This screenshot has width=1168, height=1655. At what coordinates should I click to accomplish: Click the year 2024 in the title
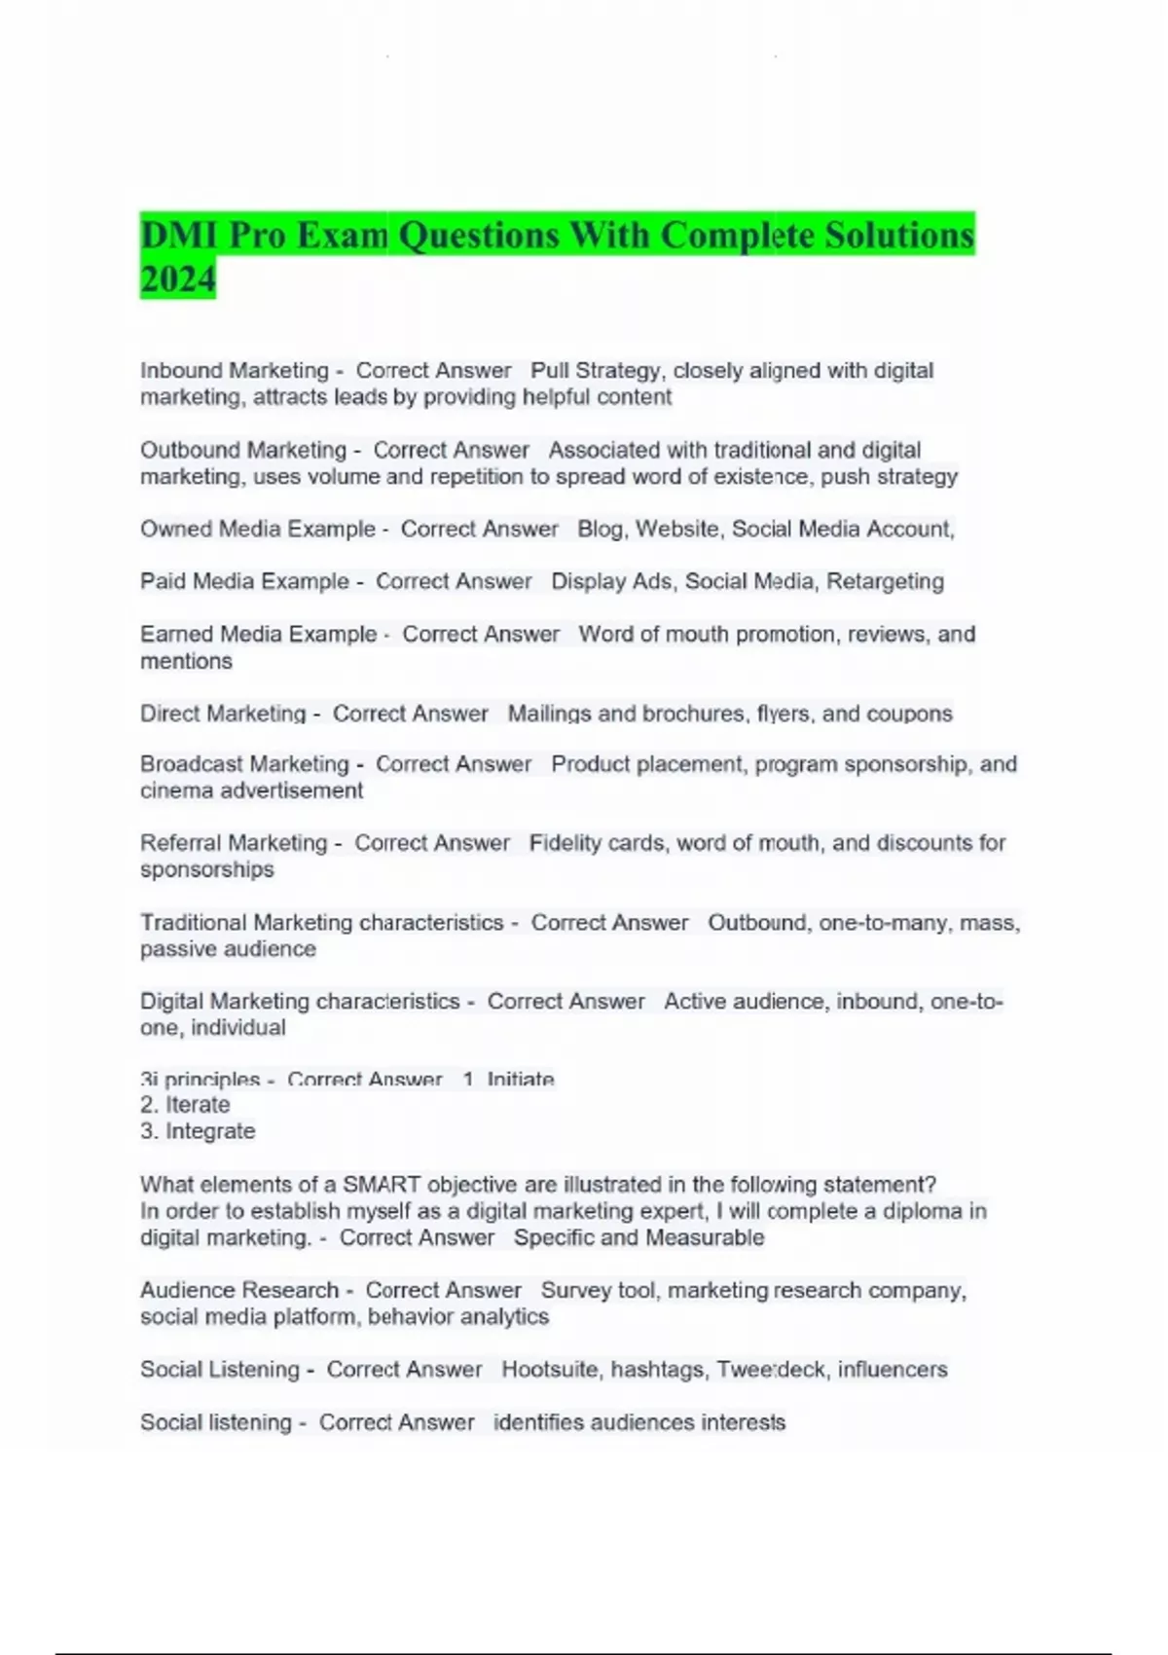177,279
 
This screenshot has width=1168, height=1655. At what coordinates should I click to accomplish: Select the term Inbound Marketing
235,371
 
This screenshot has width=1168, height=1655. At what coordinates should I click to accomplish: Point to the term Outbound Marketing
243,451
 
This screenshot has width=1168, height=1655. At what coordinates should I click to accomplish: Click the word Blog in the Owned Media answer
601,530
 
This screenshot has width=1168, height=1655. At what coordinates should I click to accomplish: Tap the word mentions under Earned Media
186,662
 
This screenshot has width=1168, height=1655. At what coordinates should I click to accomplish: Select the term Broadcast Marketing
244,764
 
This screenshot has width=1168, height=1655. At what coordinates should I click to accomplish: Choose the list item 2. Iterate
185,1105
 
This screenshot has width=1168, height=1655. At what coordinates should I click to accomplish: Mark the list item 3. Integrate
198,1131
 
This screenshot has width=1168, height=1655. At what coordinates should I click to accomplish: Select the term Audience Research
239,1291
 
